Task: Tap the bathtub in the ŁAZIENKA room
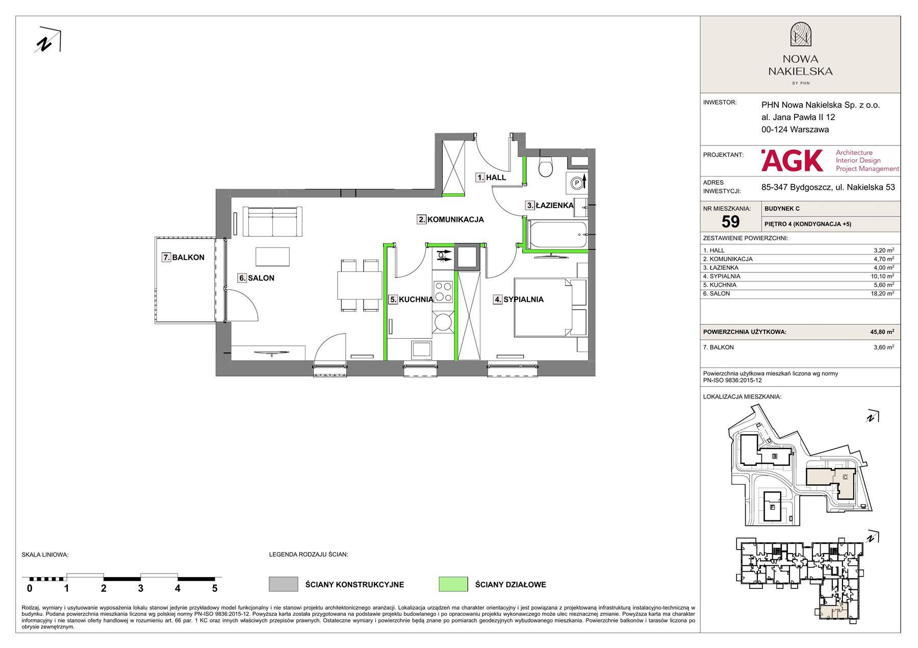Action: pyautogui.click(x=557, y=234)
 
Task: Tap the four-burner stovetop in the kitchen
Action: pyautogui.click(x=443, y=291)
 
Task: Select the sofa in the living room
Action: pyautogui.click(x=273, y=221)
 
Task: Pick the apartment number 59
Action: pyautogui.click(x=730, y=221)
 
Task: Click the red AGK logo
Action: pyautogui.click(x=792, y=160)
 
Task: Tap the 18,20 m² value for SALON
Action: pyautogui.click(x=883, y=294)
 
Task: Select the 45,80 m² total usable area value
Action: pyautogui.click(x=882, y=332)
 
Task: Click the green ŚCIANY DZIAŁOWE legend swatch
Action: pyautogui.click(x=453, y=584)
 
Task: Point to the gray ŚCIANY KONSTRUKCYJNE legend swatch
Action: pyautogui.click(x=283, y=584)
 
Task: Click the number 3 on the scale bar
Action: pyautogui.click(x=140, y=588)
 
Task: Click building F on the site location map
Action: pyautogui.click(x=772, y=507)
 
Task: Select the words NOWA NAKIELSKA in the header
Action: pyautogui.click(x=800, y=65)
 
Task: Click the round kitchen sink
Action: pyautogui.click(x=442, y=322)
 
